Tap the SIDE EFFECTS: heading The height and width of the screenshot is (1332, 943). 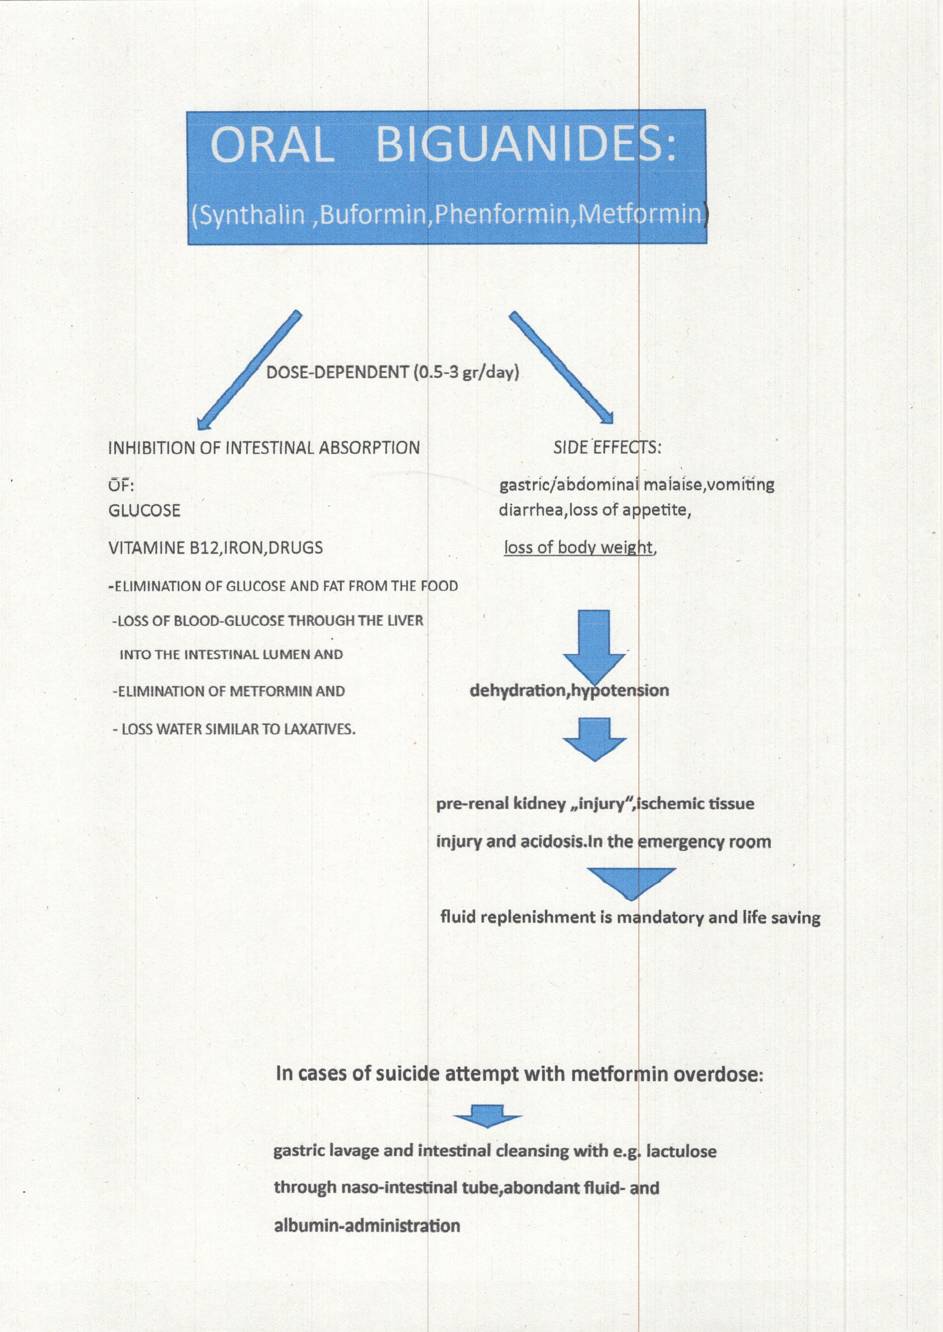coord(607,448)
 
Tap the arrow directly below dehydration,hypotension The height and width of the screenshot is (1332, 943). coord(594,739)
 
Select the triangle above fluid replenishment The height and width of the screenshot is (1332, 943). coord(631,883)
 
